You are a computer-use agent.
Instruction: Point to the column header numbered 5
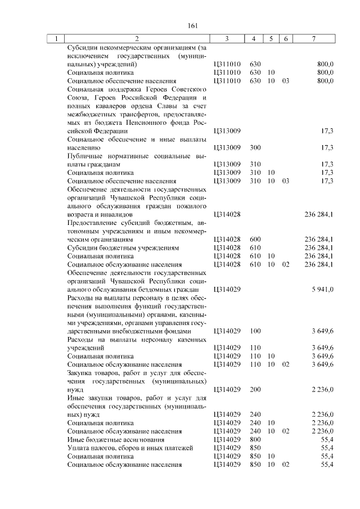[271, 39]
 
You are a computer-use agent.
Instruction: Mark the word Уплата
[78, 447]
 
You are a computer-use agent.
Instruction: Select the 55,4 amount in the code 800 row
[327, 439]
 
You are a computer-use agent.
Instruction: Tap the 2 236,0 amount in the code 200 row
[323, 389]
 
